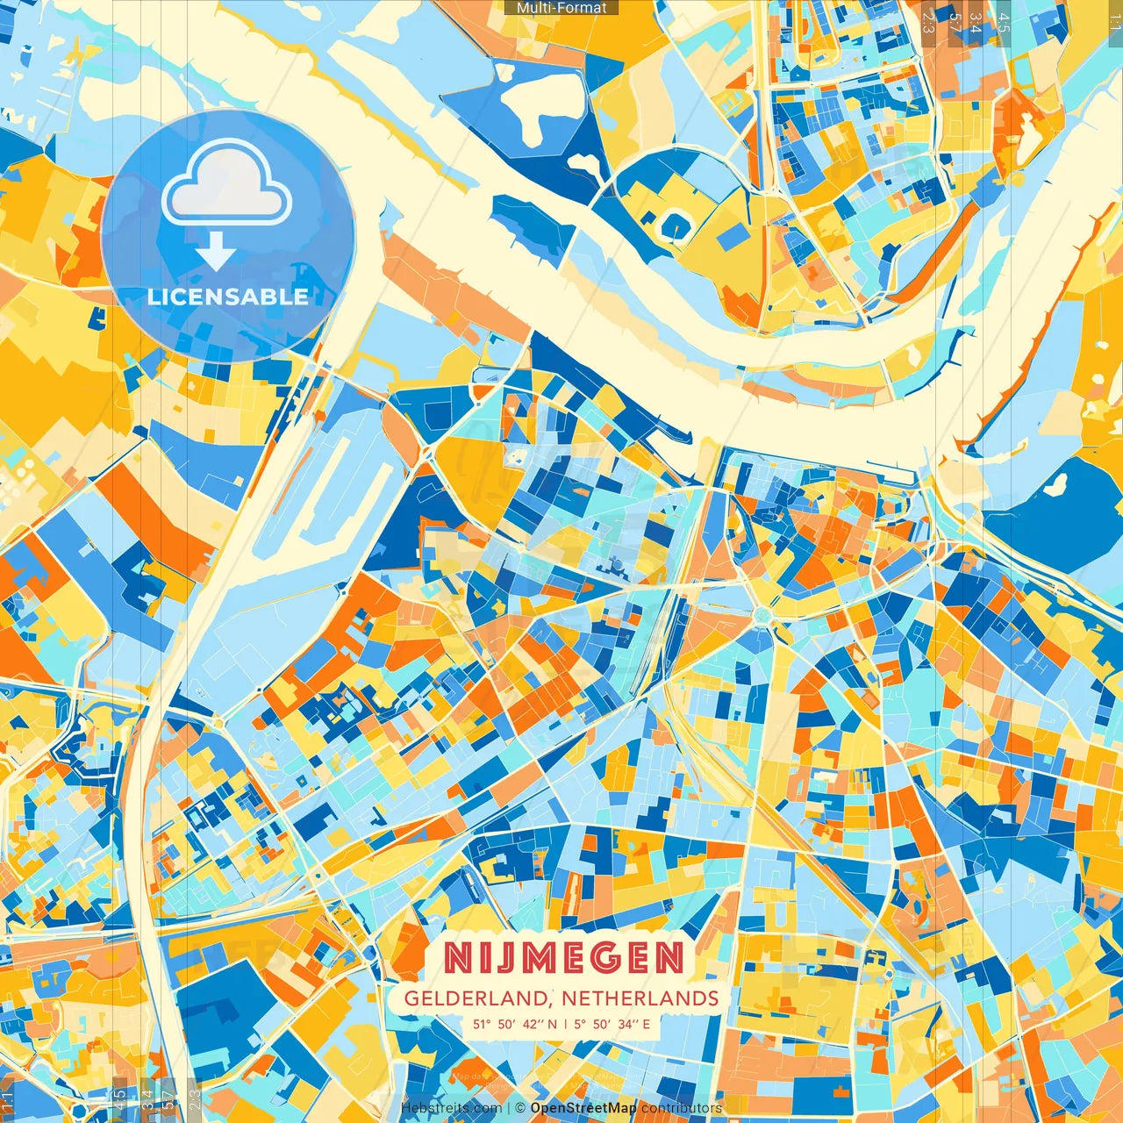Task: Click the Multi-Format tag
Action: (561, 8)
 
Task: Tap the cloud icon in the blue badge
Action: (226, 186)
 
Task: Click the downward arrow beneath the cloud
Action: (216, 254)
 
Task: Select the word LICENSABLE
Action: (227, 297)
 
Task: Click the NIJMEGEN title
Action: (563, 958)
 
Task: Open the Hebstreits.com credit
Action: (452, 1108)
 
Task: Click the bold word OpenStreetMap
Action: (583, 1108)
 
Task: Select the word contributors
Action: (681, 1108)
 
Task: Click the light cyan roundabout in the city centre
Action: (761, 617)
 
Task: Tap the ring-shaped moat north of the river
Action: (675, 225)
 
